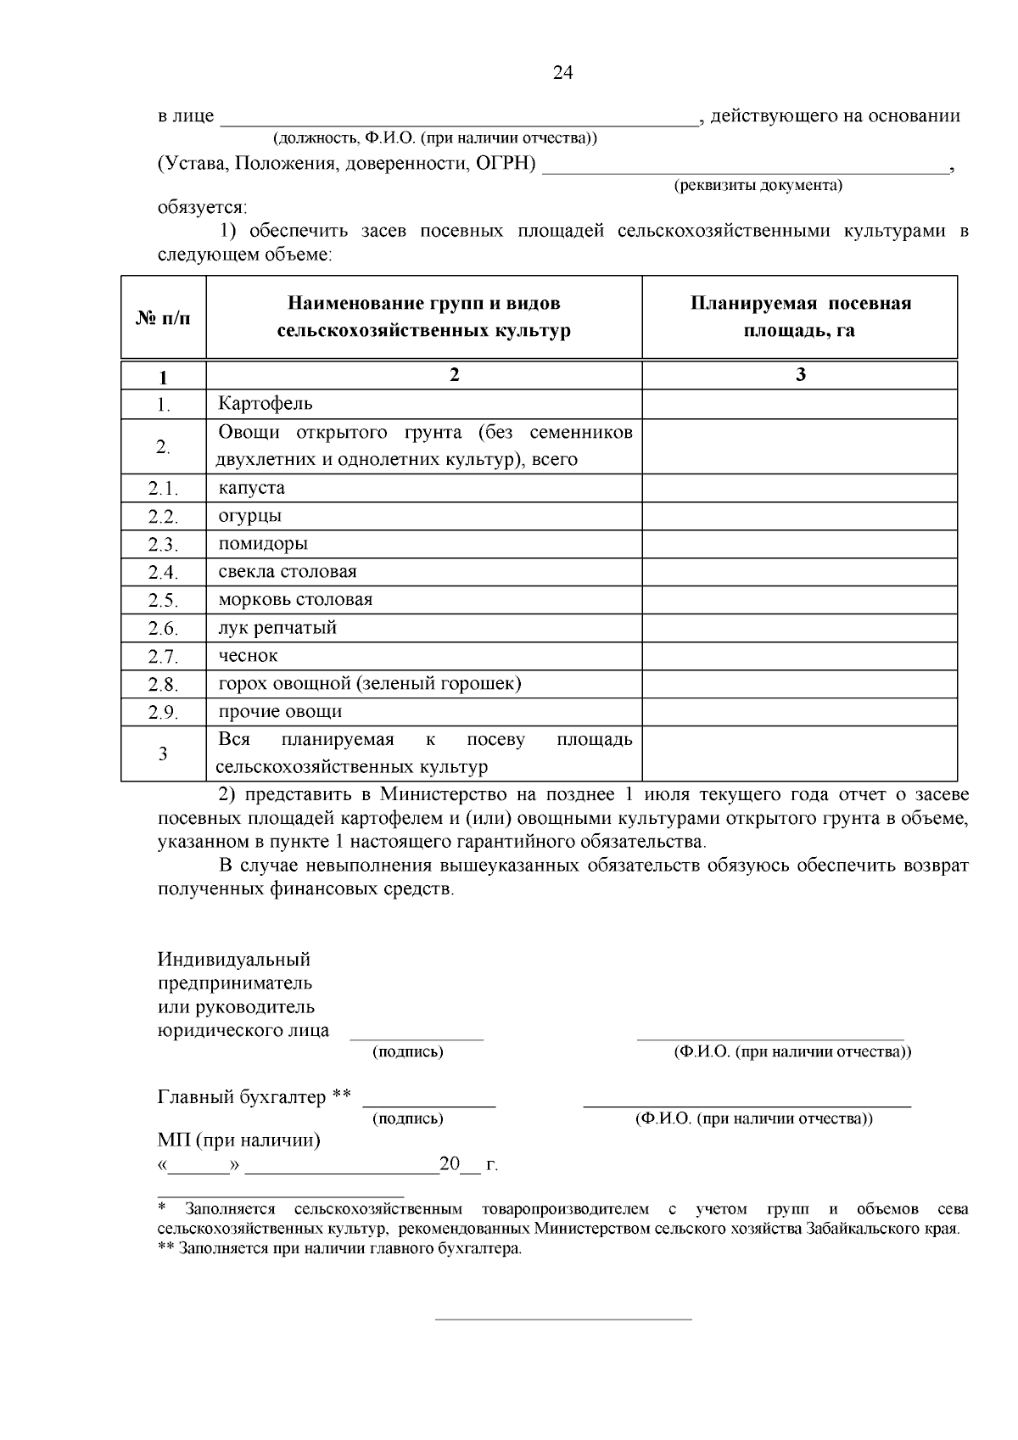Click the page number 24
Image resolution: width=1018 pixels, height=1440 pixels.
tap(562, 74)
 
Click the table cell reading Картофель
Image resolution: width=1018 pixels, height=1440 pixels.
tap(266, 404)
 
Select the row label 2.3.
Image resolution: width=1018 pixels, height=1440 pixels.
tap(163, 545)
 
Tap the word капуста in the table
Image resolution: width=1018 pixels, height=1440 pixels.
tap(251, 488)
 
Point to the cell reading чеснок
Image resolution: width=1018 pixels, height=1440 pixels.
tap(248, 656)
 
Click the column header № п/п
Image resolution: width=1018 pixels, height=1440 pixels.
tap(163, 318)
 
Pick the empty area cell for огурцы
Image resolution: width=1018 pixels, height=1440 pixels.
tap(799, 516)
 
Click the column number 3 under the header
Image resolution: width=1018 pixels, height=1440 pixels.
tap(800, 375)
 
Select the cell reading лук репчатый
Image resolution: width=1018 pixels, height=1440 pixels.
tap(277, 628)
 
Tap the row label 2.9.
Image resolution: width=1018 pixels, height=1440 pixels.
tap(163, 713)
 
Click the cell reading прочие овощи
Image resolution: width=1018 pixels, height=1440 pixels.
tap(280, 712)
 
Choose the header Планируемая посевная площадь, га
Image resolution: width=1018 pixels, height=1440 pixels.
tap(799, 317)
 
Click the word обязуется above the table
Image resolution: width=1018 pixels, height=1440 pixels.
tap(202, 207)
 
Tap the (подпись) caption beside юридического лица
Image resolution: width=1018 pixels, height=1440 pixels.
tap(408, 1052)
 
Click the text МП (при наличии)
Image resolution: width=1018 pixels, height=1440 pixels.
tap(239, 1140)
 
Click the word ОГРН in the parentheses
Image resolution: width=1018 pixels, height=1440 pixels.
tap(509, 163)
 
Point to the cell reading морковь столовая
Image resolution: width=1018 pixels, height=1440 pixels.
tap(295, 600)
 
